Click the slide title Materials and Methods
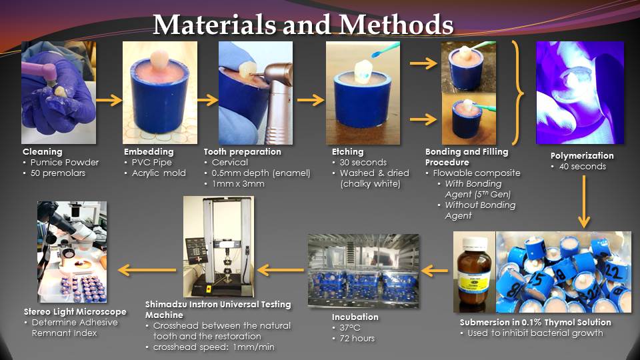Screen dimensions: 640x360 pyautogui.click(x=303, y=25)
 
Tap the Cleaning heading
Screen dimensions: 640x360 pyautogui.click(x=43, y=152)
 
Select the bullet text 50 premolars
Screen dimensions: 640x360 pyautogui.click(x=58, y=173)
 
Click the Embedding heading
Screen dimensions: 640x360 pyautogui.click(x=149, y=152)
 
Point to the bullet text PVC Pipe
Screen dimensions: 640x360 pyautogui.click(x=152, y=163)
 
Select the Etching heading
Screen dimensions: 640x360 pyautogui.click(x=348, y=152)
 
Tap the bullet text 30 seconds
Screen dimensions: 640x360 pyautogui.click(x=363, y=163)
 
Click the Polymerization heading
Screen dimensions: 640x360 pyautogui.click(x=582, y=156)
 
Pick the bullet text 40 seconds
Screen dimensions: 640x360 pyautogui.click(x=583, y=167)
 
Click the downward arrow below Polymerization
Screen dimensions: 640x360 pyautogui.click(x=584, y=201)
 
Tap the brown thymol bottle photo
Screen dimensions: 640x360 pyautogui.click(x=474, y=272)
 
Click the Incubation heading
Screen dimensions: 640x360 pyautogui.click(x=355, y=317)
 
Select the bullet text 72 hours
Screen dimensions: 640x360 pyautogui.click(x=357, y=339)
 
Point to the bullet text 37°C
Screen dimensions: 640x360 pyautogui.click(x=350, y=328)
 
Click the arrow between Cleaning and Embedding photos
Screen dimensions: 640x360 pyautogui.click(x=109, y=100)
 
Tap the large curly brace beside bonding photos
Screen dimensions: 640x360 pyautogui.click(x=518, y=93)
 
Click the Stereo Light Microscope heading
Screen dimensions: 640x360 pyautogui.click(x=75, y=312)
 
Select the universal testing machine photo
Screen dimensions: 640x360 pyautogui.click(x=219, y=247)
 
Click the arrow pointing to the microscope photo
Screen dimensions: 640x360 pyautogui.click(x=147, y=270)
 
